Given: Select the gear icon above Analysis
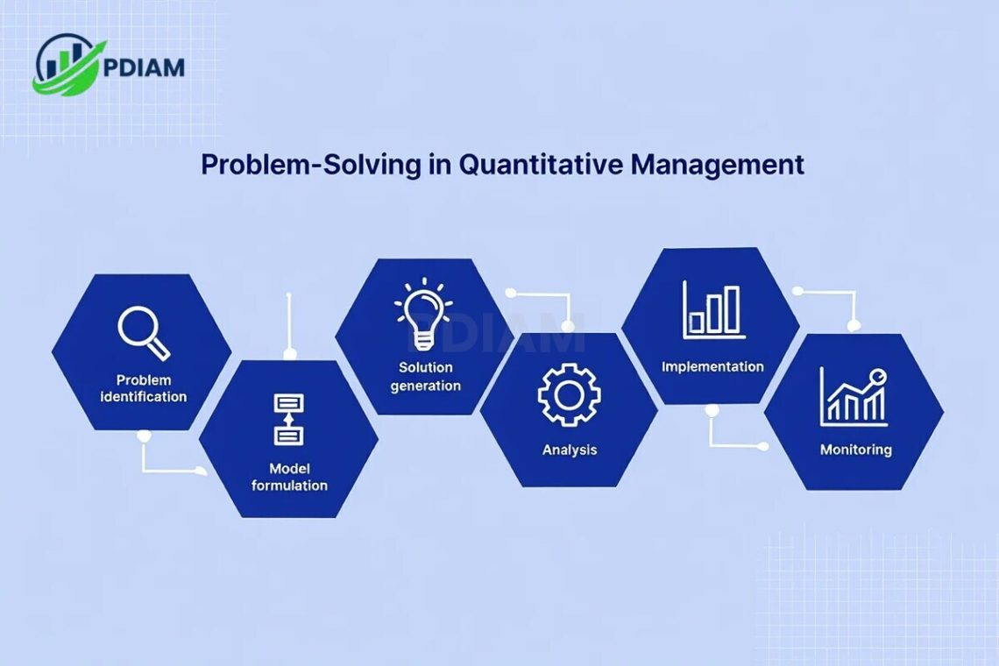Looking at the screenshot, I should [569, 395].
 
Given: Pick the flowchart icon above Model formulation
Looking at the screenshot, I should [288, 419].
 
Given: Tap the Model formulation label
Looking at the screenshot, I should [289, 477].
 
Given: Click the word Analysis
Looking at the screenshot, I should [569, 450].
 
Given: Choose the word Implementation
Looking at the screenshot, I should [712, 366].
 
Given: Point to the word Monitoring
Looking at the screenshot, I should [855, 450].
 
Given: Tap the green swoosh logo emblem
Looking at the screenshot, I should [69, 65].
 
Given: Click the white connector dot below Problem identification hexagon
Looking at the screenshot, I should [144, 436].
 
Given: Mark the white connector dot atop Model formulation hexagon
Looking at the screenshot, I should [289, 353].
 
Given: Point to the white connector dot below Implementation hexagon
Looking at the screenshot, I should [712, 410].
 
